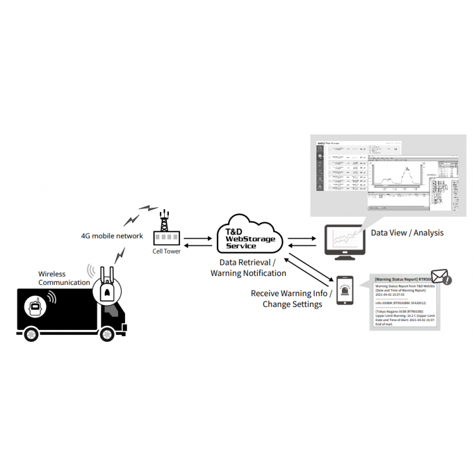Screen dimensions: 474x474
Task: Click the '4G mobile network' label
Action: click(x=112, y=236)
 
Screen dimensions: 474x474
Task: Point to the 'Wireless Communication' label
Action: click(x=63, y=278)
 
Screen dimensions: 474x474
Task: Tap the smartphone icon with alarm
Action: click(x=345, y=290)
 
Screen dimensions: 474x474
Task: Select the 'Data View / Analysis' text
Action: click(x=406, y=233)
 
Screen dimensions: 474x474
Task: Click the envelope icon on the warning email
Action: click(x=439, y=276)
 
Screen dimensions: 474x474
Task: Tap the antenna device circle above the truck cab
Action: click(x=107, y=290)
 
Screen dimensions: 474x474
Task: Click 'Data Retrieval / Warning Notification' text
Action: click(x=248, y=267)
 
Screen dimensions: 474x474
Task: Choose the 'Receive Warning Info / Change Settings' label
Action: click(x=286, y=299)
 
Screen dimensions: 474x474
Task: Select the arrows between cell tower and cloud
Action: click(x=198, y=242)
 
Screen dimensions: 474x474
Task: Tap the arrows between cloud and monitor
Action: click(x=302, y=242)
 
